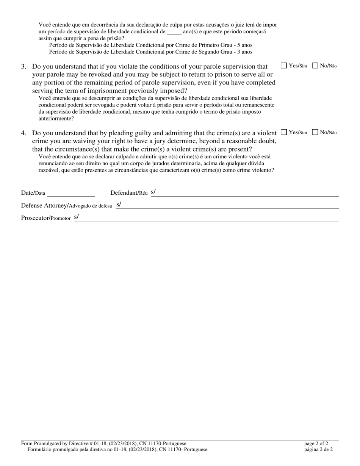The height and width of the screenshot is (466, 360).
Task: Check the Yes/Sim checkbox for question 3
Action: pyautogui.click(x=284, y=66)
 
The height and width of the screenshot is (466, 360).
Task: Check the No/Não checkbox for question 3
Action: pyautogui.click(x=315, y=66)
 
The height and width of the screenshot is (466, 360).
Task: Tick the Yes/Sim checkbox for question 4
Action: pyautogui.click(x=284, y=132)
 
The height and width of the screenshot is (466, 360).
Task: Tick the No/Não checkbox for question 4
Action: pyautogui.click(x=315, y=132)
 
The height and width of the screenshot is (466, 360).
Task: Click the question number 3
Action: pyautogui.click(x=23, y=66)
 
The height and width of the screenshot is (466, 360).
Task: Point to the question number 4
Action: pyautogui.click(x=23, y=133)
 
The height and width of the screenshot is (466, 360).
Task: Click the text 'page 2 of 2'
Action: pyautogui.click(x=316, y=444)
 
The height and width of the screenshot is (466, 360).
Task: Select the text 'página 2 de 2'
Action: pyautogui.click(x=318, y=450)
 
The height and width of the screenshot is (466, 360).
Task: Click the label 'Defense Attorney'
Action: pyautogui.click(x=44, y=206)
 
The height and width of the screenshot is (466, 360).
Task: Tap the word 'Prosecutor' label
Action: pyautogui.click(x=35, y=218)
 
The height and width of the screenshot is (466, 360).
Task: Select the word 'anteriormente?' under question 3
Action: pyautogui.click(x=56, y=119)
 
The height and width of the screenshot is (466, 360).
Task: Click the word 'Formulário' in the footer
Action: pyautogui.click(x=41, y=450)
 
